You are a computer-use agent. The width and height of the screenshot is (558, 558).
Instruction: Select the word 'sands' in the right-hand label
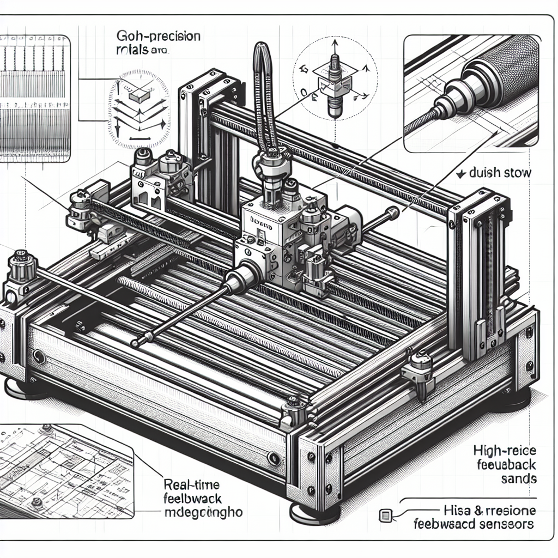coord(518,479)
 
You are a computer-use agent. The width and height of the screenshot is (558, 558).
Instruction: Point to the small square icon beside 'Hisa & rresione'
coord(385,514)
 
